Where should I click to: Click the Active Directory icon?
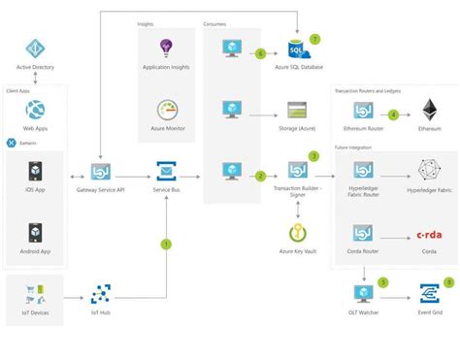[x=36, y=49]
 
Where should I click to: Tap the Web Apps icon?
[x=36, y=110]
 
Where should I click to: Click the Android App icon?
[x=36, y=233]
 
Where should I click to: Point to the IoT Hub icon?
[x=101, y=294]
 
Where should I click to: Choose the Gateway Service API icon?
[x=101, y=172]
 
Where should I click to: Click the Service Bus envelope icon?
[x=165, y=172]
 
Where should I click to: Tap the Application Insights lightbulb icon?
[x=165, y=49]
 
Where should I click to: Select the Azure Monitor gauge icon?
[x=165, y=110]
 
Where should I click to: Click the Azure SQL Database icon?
[x=295, y=49]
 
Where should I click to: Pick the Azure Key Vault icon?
[x=295, y=233]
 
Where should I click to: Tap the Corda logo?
[x=427, y=234]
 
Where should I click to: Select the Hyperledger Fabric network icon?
[x=427, y=171]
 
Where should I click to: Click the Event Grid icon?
[x=427, y=294]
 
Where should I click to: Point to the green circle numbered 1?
[x=166, y=244]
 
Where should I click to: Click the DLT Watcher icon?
[x=362, y=294]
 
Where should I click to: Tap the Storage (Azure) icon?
[x=295, y=110]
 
